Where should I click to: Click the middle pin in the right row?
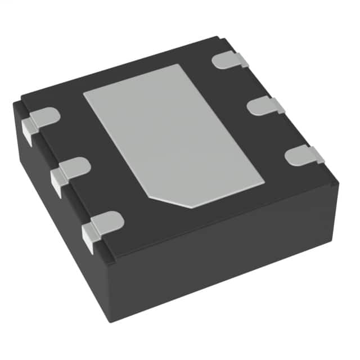264,105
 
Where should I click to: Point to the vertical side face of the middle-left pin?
56,183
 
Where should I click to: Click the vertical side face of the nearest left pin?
88,238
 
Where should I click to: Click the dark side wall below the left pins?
56,225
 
